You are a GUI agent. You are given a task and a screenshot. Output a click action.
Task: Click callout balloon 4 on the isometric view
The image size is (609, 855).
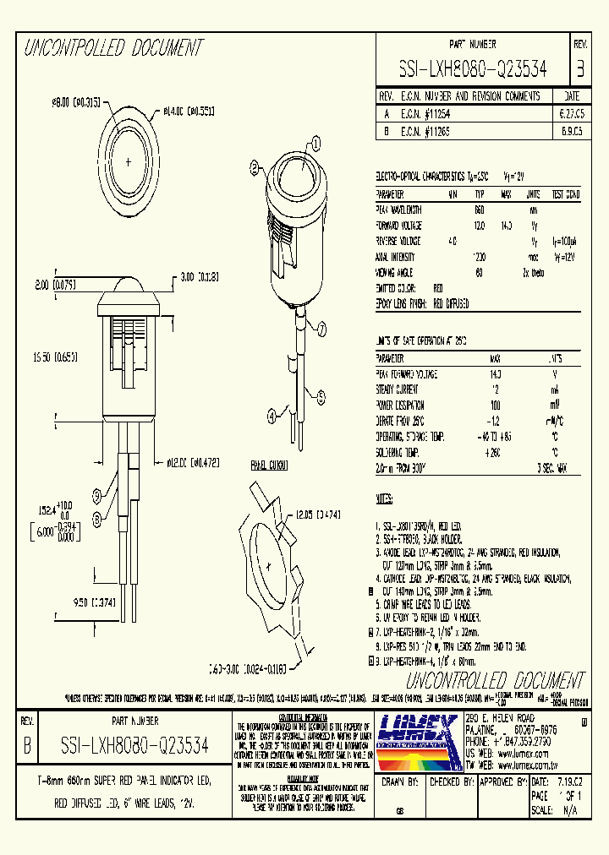(x=272, y=416)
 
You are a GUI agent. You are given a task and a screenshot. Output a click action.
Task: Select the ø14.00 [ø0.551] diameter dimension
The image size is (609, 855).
(x=190, y=109)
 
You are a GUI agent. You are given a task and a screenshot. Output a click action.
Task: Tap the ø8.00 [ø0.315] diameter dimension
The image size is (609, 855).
(x=77, y=102)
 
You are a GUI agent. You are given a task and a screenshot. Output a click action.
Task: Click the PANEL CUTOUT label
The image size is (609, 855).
(x=269, y=466)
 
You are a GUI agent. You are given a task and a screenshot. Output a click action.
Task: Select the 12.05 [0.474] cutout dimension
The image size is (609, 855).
(x=317, y=515)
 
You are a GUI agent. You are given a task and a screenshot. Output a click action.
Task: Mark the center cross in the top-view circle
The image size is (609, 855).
(x=128, y=160)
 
